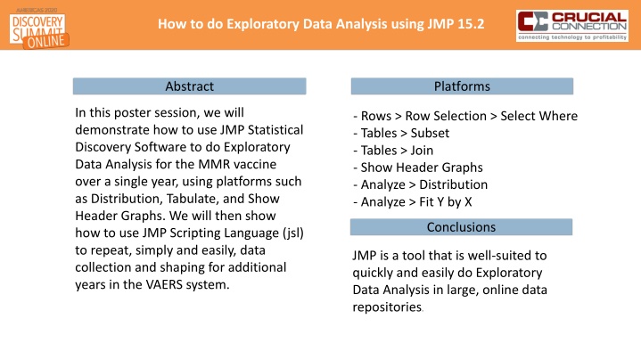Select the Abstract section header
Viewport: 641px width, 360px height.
pos(189,86)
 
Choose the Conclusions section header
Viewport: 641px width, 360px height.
pos(460,226)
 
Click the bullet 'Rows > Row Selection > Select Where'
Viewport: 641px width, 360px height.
pos(465,117)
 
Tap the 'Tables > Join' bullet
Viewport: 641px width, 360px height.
pos(393,151)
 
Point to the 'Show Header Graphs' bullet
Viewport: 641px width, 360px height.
pos(417,168)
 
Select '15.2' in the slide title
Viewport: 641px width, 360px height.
pos(469,22)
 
